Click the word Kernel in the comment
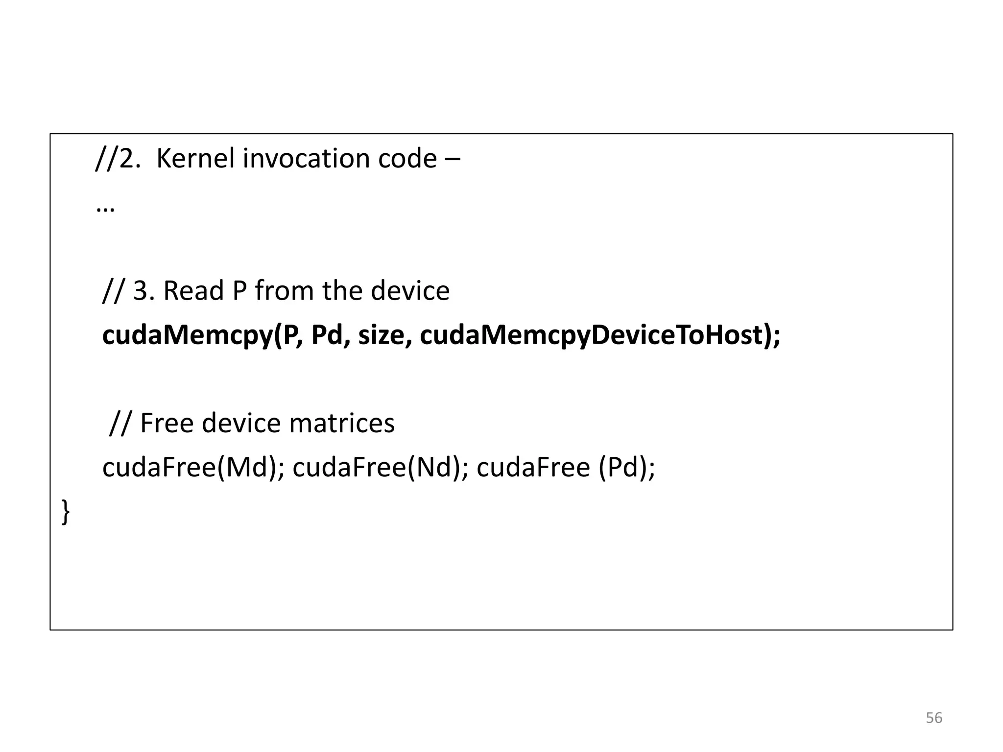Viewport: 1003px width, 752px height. coord(195,159)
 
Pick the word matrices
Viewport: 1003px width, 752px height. coord(341,423)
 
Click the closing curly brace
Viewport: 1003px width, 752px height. coord(66,512)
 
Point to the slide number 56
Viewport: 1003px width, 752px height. coord(934,718)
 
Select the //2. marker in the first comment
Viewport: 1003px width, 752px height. coord(117,159)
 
